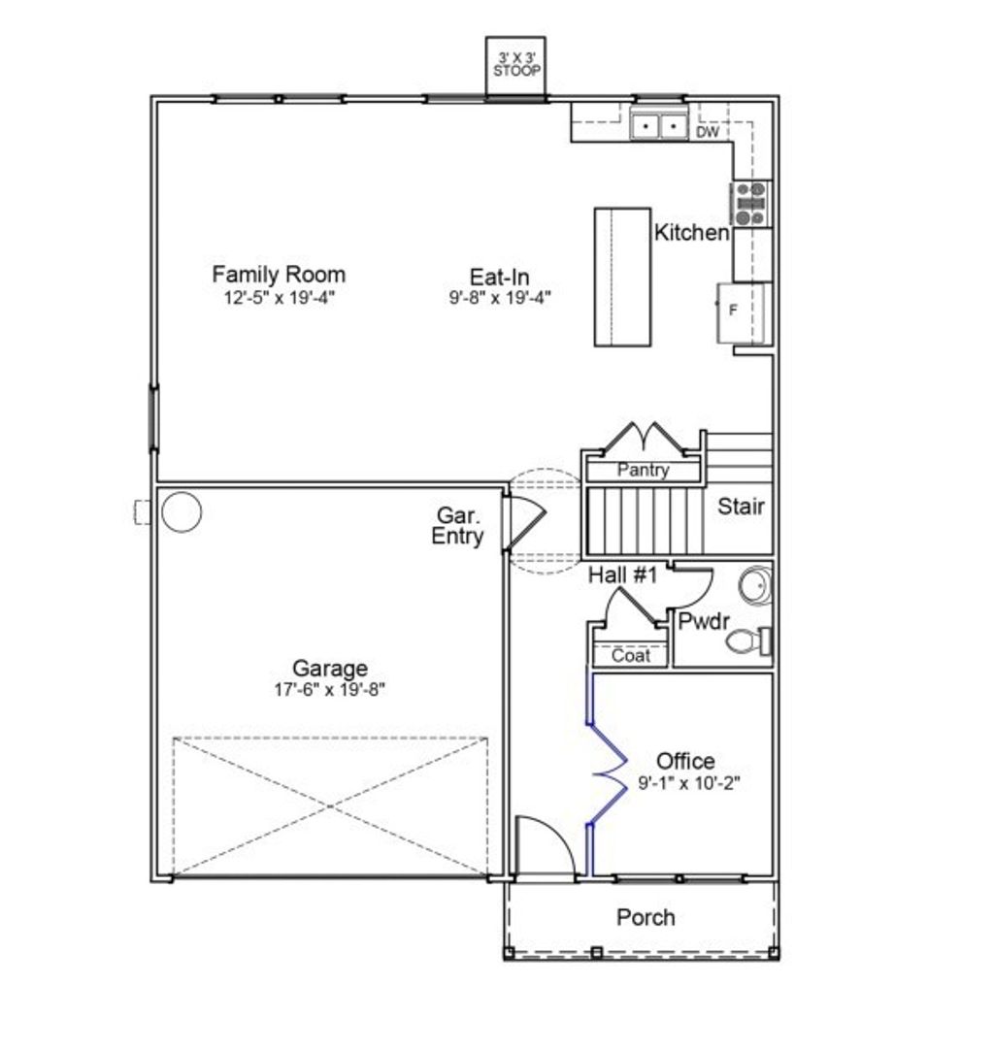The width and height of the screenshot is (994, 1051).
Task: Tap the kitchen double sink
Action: coord(658,126)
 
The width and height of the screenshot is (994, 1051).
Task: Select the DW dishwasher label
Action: coord(708,132)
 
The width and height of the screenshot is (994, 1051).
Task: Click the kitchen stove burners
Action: coord(750,203)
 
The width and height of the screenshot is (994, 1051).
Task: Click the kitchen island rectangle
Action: coord(622,277)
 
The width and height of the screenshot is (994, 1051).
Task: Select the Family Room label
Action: coord(279,274)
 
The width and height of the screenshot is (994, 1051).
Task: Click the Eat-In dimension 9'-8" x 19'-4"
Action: coord(499,298)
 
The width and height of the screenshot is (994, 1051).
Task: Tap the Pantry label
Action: coord(644,471)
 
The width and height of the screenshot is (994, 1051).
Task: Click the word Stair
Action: coord(741,506)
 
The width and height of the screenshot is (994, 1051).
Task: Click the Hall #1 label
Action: coord(622,575)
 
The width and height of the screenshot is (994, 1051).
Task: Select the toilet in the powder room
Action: coord(746,640)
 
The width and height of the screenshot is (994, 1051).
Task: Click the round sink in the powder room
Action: coord(754,586)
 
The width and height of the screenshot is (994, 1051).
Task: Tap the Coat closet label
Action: coord(631,656)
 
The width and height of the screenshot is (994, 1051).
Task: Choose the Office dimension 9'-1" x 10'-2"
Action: coord(688,782)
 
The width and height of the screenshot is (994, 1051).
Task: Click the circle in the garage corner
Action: coord(182,511)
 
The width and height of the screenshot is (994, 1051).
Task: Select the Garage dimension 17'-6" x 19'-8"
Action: coord(331,690)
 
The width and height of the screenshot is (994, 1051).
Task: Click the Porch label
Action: coord(646,917)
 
